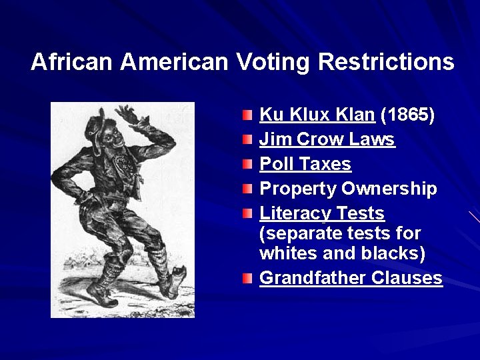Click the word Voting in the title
pos(273,62)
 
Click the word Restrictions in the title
pos(386,62)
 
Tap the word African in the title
pos(73,62)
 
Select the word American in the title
pos(175,62)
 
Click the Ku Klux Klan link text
pos(317,115)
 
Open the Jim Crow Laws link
pos(327,139)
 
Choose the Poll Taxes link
pos(305,164)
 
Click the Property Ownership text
pos(348,189)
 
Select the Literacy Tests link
pos(321,213)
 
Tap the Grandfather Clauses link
pos(351,278)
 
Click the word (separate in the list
pos(300,234)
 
